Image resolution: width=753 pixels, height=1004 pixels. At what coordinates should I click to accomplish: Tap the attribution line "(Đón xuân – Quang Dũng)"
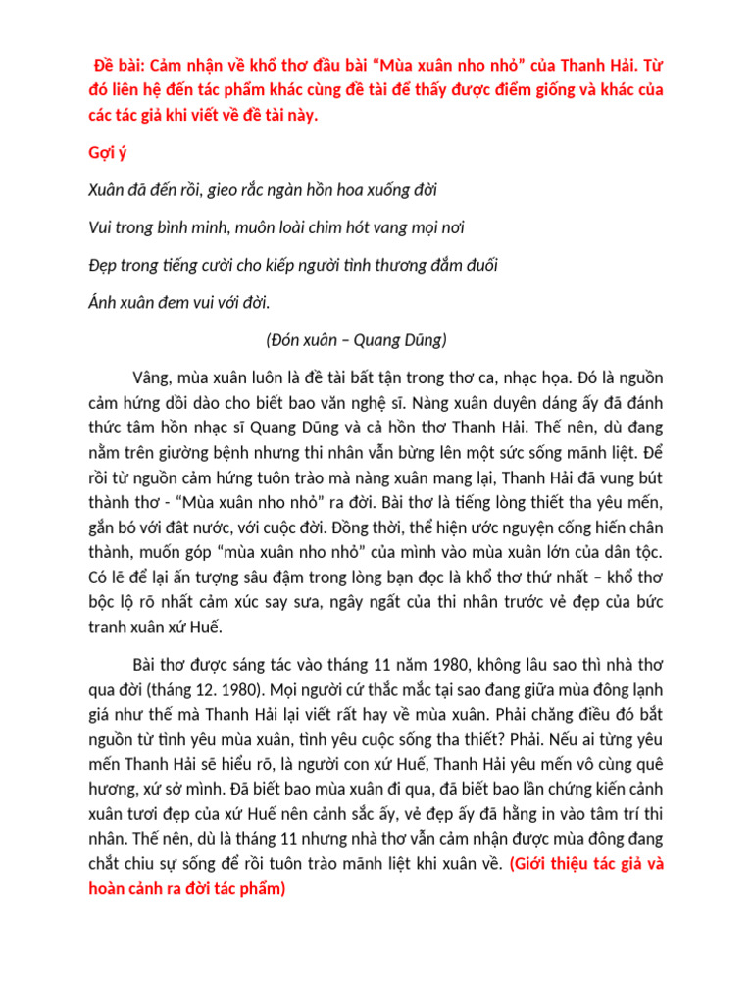click(356, 340)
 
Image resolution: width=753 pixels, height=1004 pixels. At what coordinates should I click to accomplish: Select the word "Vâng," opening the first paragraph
click(155, 378)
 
